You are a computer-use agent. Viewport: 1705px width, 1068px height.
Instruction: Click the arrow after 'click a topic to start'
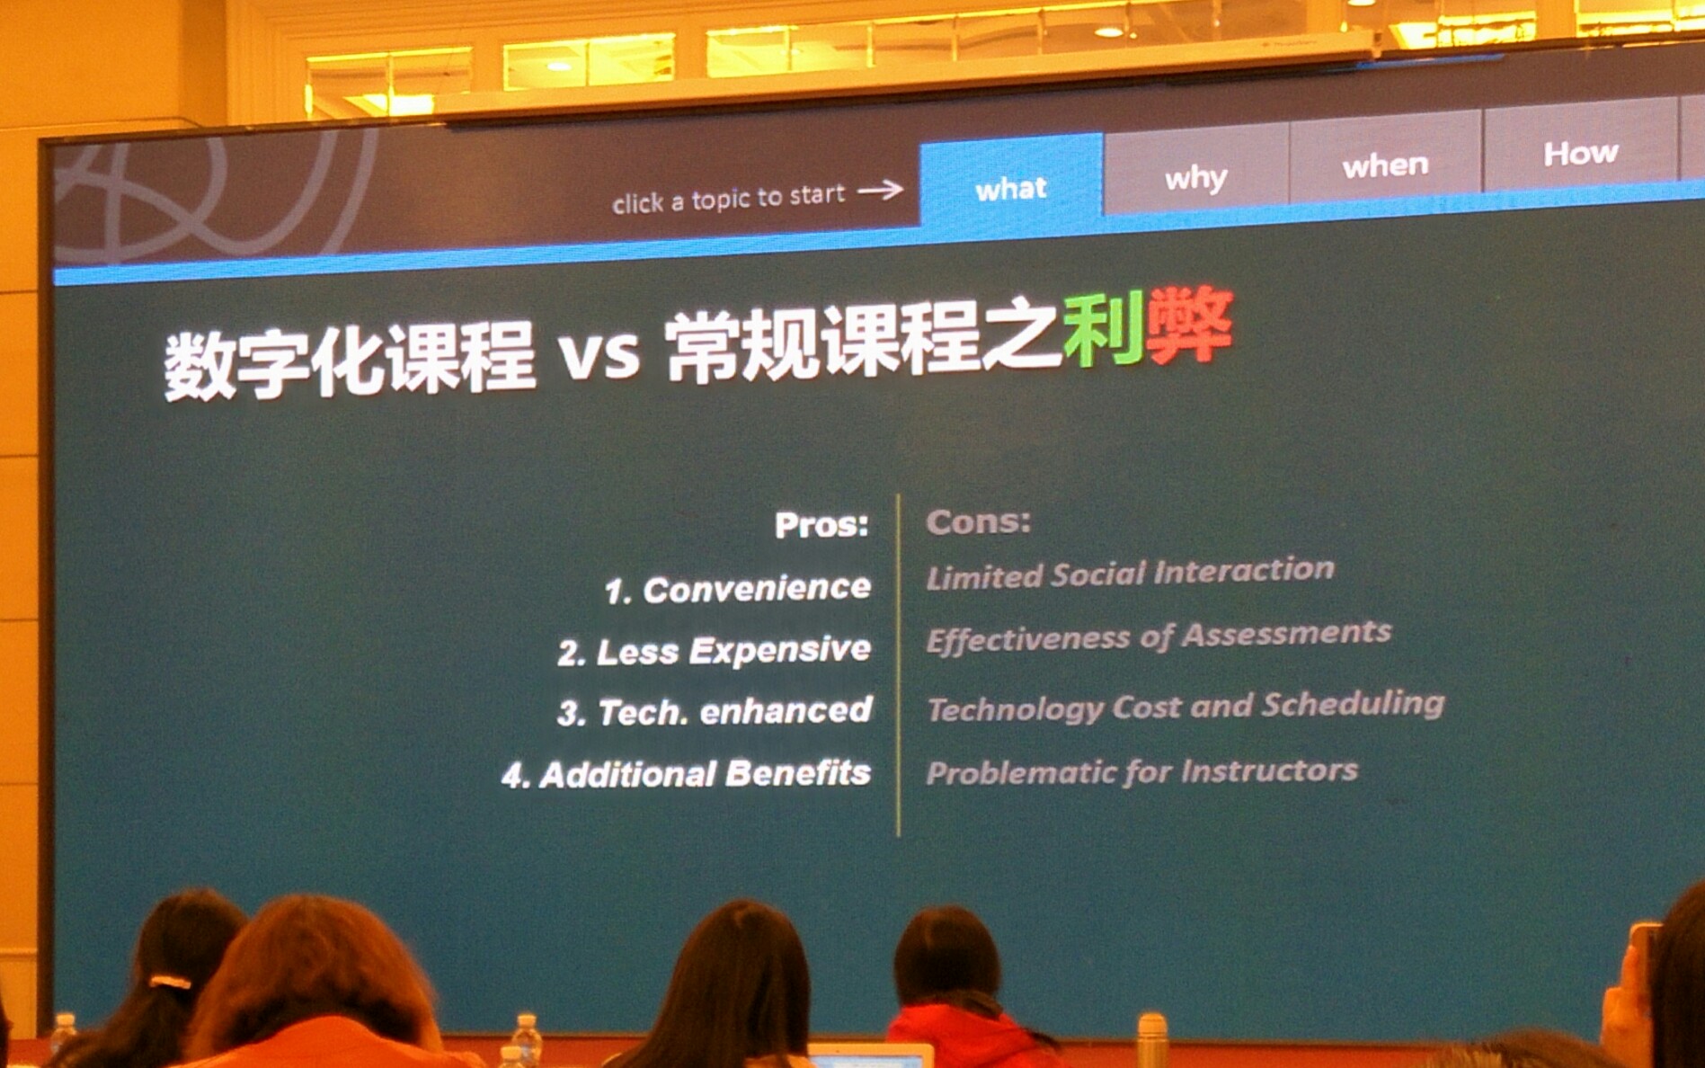click(880, 189)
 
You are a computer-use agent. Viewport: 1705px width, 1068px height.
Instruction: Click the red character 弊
click(1189, 324)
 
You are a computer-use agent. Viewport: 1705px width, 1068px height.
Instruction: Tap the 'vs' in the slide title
click(599, 353)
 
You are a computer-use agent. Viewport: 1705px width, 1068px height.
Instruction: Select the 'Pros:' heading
click(821, 524)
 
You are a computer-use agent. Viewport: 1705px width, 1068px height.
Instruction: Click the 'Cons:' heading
click(979, 521)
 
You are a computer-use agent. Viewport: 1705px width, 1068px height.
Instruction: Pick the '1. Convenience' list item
click(737, 589)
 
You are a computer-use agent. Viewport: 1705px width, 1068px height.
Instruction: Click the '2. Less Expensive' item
click(714, 650)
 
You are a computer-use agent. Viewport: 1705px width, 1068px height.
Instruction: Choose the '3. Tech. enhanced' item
click(715, 711)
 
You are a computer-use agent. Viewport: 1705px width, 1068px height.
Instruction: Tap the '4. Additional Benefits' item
click(687, 773)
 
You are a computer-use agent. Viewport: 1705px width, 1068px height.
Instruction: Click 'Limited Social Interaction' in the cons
click(1130, 573)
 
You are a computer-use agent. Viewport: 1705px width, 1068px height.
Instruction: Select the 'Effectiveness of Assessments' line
click(1159, 636)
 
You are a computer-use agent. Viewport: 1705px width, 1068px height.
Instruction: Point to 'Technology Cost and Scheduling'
click(1186, 706)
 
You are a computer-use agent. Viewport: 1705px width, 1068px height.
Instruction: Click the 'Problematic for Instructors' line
click(1141, 771)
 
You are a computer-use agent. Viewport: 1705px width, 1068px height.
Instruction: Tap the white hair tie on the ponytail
click(170, 982)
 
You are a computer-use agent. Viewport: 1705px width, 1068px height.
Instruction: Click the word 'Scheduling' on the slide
click(1353, 704)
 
